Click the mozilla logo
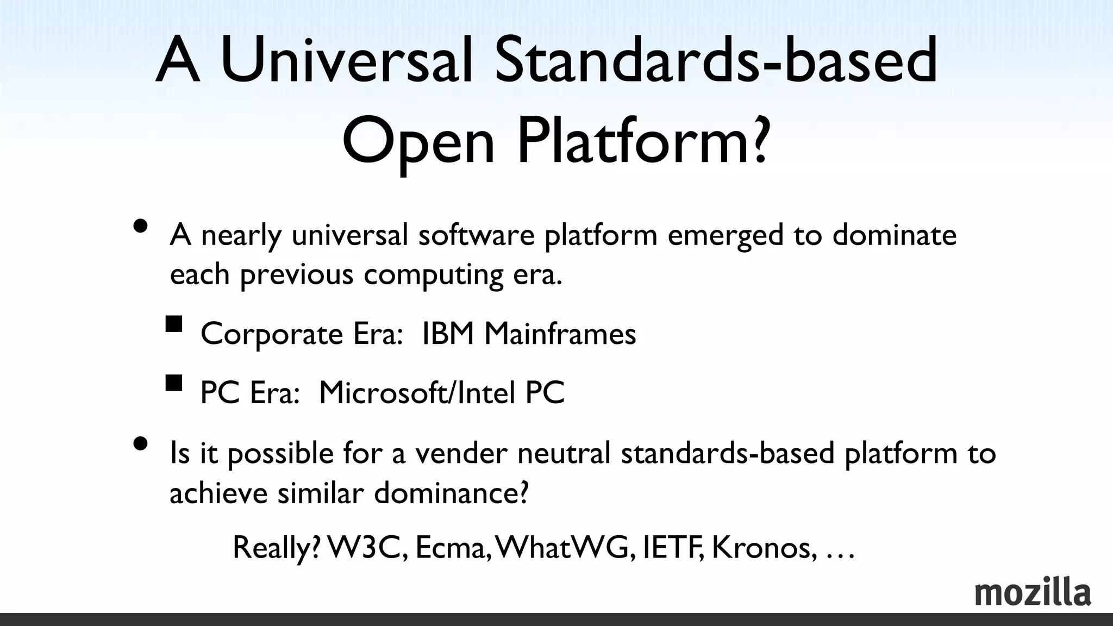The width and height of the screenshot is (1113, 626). point(1032,593)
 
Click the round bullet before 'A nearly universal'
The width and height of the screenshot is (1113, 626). point(140,226)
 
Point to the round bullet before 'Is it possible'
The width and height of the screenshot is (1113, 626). point(140,445)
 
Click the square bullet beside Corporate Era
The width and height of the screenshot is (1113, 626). point(174,324)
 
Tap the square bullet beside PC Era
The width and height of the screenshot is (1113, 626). point(174,384)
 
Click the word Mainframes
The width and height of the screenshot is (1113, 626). point(560,333)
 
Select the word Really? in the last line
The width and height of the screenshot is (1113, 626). point(277,548)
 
